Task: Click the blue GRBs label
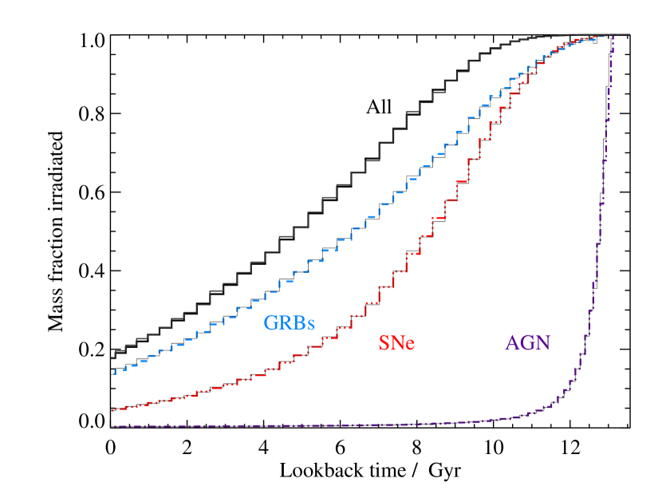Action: click(290, 323)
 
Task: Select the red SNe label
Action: click(396, 343)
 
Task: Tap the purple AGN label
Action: click(528, 343)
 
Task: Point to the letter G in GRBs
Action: click(272, 323)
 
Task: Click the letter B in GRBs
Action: click(298, 323)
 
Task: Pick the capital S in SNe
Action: click(384, 343)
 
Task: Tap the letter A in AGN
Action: click(513, 343)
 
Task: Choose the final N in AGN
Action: click(543, 343)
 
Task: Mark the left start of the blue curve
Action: click(112, 372)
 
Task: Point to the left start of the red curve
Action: click(112, 410)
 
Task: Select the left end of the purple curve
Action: click(112, 426)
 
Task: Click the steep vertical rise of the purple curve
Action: click(604, 160)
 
